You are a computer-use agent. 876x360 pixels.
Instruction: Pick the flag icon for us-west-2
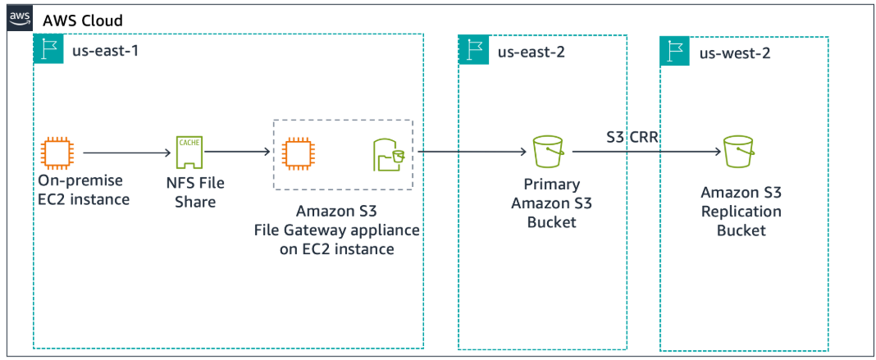coord(675,52)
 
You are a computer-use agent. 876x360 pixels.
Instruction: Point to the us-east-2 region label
coord(532,52)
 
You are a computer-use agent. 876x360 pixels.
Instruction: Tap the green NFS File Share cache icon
coord(188,153)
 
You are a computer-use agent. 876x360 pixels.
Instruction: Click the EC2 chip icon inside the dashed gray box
coord(295,153)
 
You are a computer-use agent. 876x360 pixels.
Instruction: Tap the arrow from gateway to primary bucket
coord(471,153)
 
